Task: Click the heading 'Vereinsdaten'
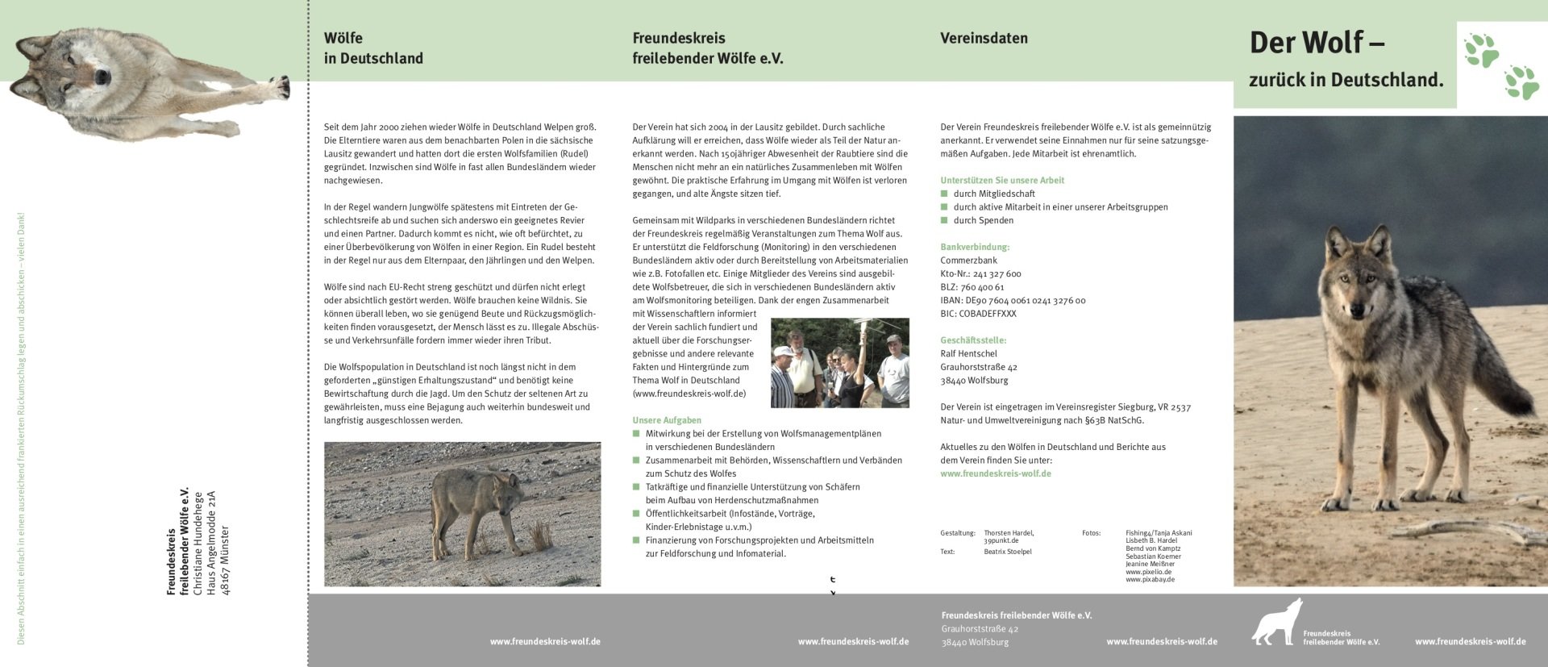(984, 38)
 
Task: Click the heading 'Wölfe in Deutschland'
(372, 48)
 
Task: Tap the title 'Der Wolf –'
(1317, 43)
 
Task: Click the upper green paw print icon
(1482, 50)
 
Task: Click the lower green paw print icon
(1521, 82)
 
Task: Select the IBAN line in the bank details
(1013, 300)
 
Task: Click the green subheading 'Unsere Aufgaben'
(666, 420)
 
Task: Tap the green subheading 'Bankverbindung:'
(974, 247)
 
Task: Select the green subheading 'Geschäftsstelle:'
(973, 340)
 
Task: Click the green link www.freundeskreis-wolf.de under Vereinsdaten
(995, 473)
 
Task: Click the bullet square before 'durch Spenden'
(944, 220)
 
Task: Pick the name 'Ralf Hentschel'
(968, 353)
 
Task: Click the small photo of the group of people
(839, 363)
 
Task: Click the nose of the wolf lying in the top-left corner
(102, 77)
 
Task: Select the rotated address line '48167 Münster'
(225, 561)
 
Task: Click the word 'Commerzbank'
(968, 261)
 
